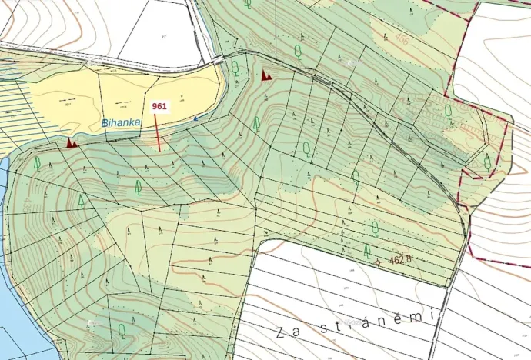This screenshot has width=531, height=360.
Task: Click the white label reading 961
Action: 160,106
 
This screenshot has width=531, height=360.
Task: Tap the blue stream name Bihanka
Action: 120,123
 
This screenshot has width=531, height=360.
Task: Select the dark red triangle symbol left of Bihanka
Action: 72,142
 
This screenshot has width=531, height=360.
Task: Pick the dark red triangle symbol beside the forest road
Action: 266,75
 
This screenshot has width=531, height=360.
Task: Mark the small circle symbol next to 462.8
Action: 377,263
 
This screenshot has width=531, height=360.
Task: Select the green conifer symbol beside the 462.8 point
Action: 367,250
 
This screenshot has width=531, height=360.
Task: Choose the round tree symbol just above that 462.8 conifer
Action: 374,227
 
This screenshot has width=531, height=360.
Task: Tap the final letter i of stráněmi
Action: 432,315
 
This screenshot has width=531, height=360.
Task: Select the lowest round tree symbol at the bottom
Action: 122,330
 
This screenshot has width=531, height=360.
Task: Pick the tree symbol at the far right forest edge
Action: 487,162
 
